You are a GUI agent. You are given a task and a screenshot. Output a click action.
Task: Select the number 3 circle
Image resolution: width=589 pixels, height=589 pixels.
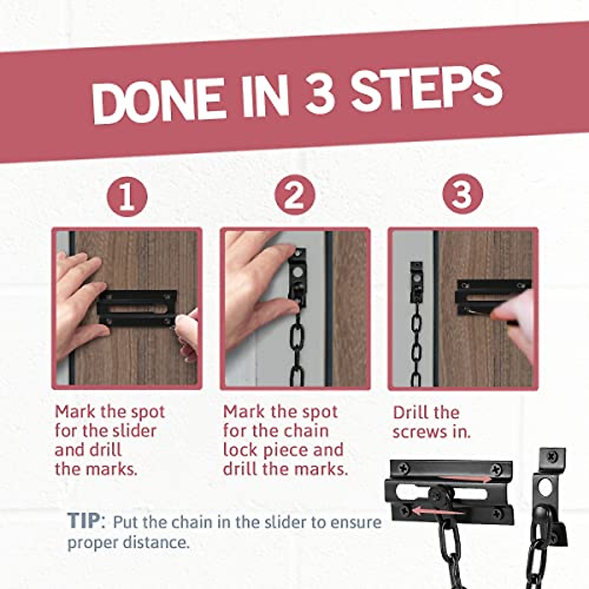[x=462, y=194]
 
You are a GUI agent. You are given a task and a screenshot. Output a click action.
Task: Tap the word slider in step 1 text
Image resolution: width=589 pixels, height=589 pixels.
[x=134, y=431]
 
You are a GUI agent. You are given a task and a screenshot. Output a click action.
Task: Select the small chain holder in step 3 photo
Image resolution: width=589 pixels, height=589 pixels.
[x=417, y=282]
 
